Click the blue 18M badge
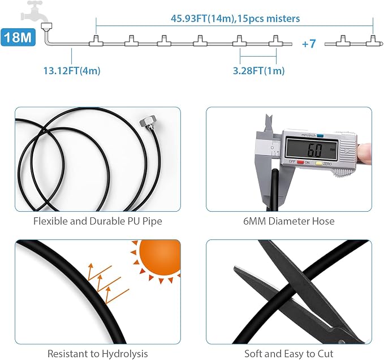click(x=18, y=37)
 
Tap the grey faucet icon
click(x=35, y=11)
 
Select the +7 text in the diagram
click(x=309, y=44)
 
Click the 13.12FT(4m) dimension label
click(x=72, y=71)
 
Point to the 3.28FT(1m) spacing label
click(x=258, y=71)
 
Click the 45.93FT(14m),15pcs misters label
click(x=235, y=19)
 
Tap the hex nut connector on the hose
click(x=146, y=122)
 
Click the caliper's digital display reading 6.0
click(x=312, y=149)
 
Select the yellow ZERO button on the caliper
click(x=318, y=162)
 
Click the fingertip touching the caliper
click(x=364, y=153)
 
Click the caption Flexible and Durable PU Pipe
click(x=98, y=221)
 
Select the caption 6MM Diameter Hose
click(x=289, y=221)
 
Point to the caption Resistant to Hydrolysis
click(x=98, y=354)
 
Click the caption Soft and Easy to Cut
click(x=289, y=354)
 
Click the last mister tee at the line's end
click(x=373, y=41)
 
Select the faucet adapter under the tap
click(x=46, y=26)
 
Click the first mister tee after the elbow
click(x=96, y=41)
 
